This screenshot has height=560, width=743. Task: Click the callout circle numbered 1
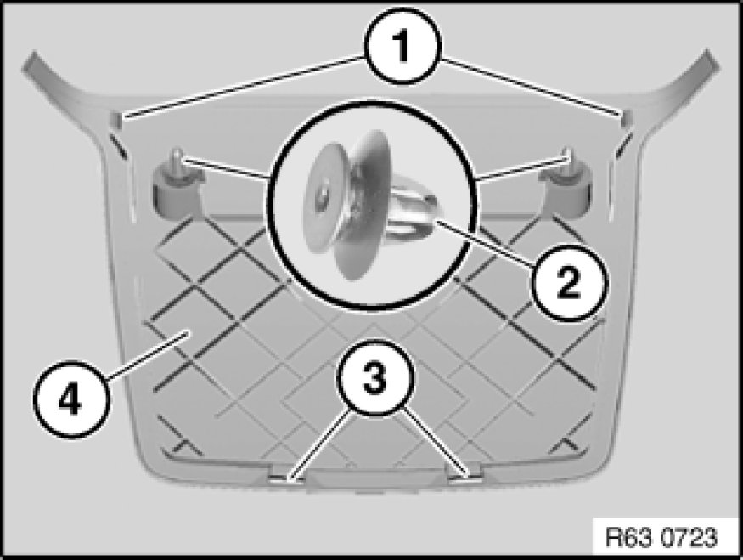click(402, 47)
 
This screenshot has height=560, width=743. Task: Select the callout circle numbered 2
click(567, 282)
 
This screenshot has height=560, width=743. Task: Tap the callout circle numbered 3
click(374, 377)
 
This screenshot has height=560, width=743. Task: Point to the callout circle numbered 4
click(70, 400)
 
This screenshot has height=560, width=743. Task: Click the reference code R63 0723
click(661, 538)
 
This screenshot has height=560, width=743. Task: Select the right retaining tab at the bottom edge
click(466, 477)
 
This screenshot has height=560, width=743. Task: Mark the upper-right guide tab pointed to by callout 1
click(625, 120)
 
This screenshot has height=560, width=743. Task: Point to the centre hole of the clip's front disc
click(324, 195)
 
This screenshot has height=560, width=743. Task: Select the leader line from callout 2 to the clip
click(485, 241)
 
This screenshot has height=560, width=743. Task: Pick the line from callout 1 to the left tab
click(243, 87)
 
